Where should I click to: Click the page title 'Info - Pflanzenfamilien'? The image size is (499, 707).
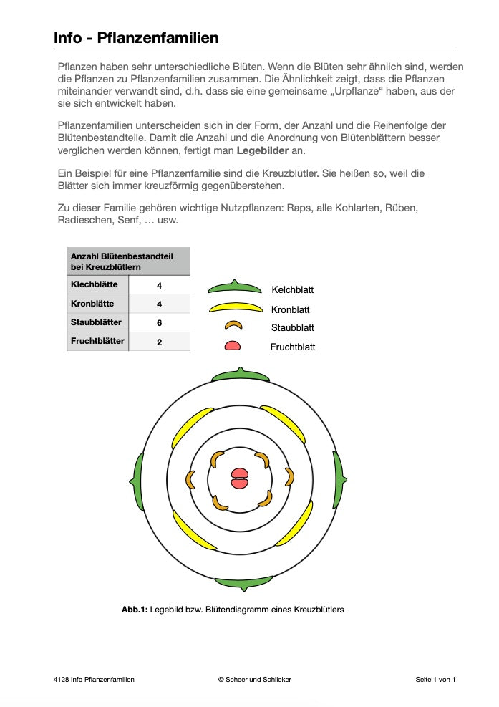pyautogui.click(x=136, y=37)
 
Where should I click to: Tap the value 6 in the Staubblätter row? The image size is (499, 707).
pyautogui.click(x=159, y=323)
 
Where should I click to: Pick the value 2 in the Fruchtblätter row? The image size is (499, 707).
pyautogui.click(x=159, y=342)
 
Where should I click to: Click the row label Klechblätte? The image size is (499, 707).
pyautogui.click(x=95, y=284)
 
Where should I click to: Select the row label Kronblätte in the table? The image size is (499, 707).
pyautogui.click(x=92, y=304)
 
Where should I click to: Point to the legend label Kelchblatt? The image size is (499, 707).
pyautogui.click(x=292, y=290)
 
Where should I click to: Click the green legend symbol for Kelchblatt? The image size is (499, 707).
pyautogui.click(x=234, y=288)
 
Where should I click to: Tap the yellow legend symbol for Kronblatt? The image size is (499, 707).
pyautogui.click(x=234, y=309)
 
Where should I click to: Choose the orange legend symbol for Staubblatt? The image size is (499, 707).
pyautogui.click(x=233, y=326)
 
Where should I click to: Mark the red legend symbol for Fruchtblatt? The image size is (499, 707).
pyautogui.click(x=233, y=346)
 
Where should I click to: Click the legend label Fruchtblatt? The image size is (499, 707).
pyautogui.click(x=292, y=347)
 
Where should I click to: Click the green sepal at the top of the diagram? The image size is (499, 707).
pyautogui.click(x=240, y=375)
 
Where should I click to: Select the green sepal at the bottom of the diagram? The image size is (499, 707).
pyautogui.click(x=243, y=583)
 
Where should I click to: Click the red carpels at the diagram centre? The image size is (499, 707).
pyautogui.click(x=238, y=478)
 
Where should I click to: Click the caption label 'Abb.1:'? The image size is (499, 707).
pyautogui.click(x=135, y=610)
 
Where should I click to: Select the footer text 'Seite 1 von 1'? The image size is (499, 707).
pyautogui.click(x=435, y=679)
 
